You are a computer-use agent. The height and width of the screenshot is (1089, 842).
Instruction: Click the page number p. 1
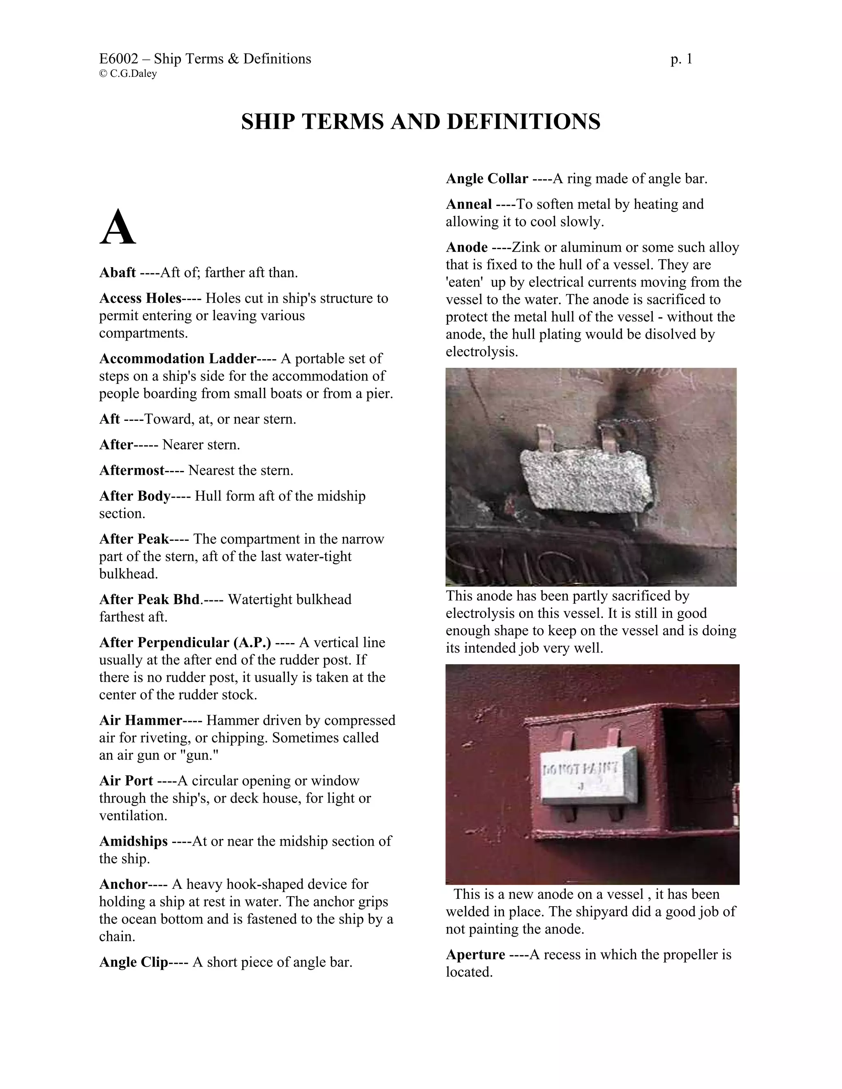click(681, 59)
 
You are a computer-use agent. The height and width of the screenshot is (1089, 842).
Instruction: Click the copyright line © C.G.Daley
click(128, 74)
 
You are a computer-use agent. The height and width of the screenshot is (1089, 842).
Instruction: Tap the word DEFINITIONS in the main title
click(523, 122)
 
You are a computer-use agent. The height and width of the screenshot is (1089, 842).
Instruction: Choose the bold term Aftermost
click(132, 470)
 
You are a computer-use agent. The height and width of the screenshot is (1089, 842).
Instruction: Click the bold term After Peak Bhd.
click(150, 599)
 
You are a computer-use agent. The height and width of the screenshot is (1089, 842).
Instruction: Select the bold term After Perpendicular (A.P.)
click(185, 642)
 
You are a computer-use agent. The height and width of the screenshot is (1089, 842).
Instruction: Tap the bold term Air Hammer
click(141, 720)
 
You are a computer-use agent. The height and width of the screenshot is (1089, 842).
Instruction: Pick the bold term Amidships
click(133, 841)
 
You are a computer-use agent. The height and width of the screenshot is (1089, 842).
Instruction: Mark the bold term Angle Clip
click(133, 962)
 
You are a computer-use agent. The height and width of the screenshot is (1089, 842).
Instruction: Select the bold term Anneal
click(469, 204)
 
